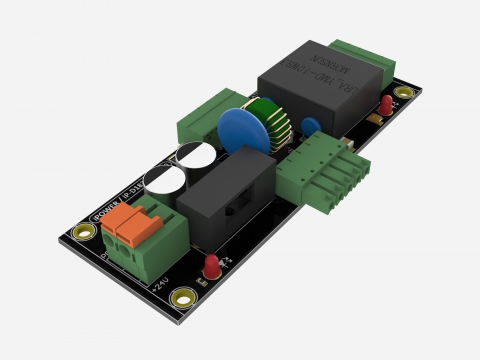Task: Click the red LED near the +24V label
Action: click(212, 266)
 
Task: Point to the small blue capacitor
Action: click(311, 127)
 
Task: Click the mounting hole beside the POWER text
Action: click(82, 232)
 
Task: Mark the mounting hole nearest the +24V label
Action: click(182, 297)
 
